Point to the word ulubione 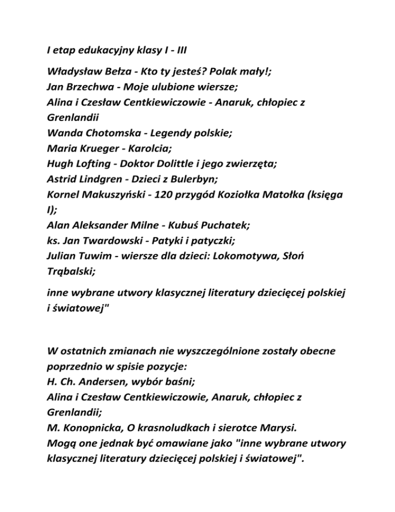tap(172, 87)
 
